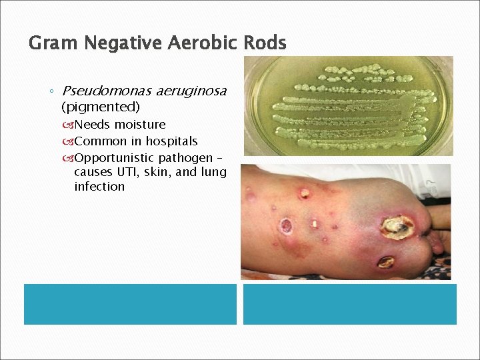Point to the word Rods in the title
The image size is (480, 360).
click(x=264, y=44)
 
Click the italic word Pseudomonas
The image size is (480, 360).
click(x=106, y=91)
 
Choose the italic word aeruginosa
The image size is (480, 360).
click(x=191, y=91)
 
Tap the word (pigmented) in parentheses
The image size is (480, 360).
click(x=100, y=107)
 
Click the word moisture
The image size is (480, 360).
click(x=140, y=125)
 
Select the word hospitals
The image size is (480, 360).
click(x=172, y=141)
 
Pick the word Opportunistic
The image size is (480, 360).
click(x=115, y=158)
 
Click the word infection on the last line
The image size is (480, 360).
click(x=99, y=187)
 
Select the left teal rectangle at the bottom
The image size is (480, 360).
click(x=130, y=304)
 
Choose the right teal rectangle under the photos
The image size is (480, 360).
click(x=349, y=304)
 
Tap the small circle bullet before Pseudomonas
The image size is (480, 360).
click(x=51, y=91)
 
